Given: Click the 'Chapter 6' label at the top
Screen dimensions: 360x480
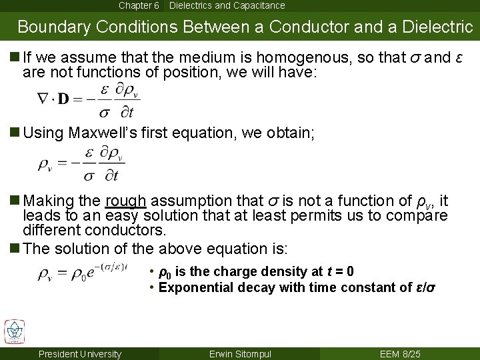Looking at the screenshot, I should (x=139, y=5).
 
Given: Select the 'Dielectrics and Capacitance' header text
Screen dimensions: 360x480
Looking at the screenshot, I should (x=227, y=5).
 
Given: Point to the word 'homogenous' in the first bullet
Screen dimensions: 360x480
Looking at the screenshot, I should (x=289, y=57).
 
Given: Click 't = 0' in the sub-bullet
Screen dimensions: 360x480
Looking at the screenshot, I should (x=340, y=271).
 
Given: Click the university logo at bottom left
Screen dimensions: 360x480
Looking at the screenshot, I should (x=14, y=331).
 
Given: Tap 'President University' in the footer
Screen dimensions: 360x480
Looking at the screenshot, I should (x=80, y=354).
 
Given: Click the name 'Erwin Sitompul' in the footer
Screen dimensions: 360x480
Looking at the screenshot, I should (x=241, y=354).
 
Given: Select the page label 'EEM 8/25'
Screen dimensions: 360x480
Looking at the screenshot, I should (x=401, y=354).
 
